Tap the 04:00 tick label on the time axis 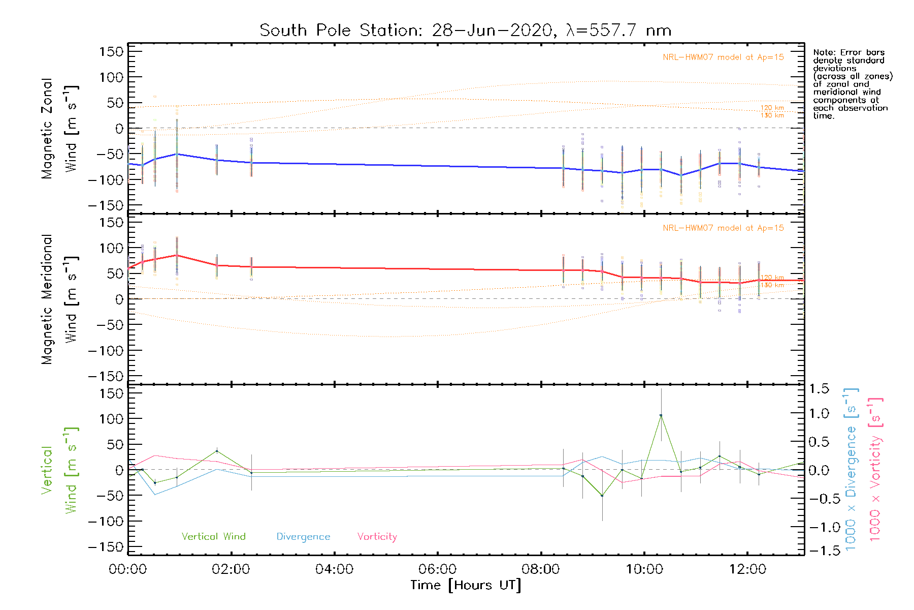point(334,569)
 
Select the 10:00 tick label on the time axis point(644,569)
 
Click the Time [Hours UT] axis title point(466,585)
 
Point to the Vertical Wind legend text point(213,536)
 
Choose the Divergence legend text point(303,537)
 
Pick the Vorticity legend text point(377,536)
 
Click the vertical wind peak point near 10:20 point(661,415)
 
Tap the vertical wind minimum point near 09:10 point(602,496)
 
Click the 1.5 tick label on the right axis point(819,389)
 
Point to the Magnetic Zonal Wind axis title point(59,128)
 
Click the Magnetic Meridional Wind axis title point(59,299)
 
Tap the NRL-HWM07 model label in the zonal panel point(723,57)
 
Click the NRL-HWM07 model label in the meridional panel point(723,228)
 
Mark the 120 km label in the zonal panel point(772,108)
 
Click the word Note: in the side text point(824,52)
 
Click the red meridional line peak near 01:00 point(176,255)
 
